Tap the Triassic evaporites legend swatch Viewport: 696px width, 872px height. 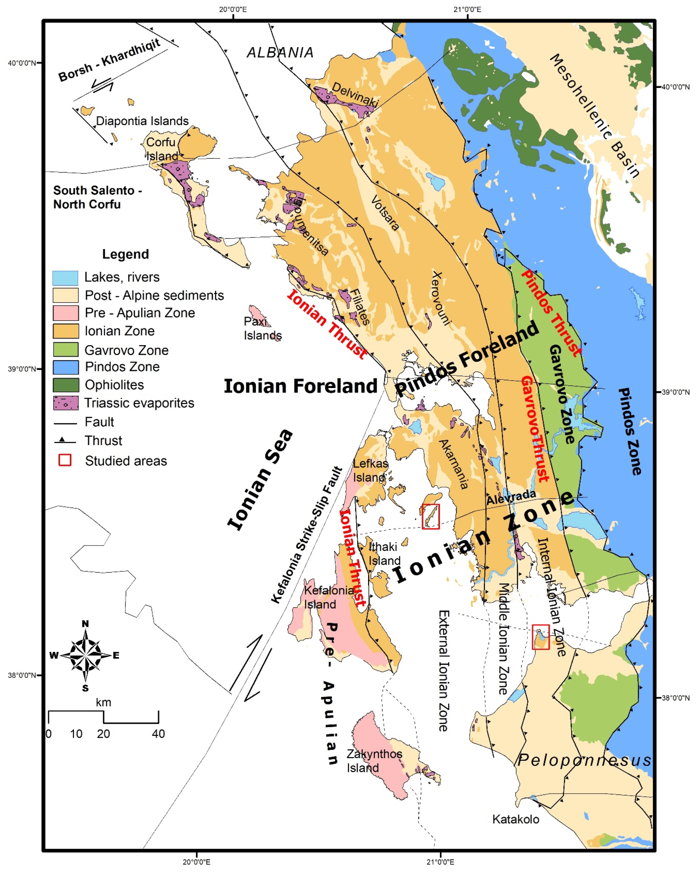tap(66, 403)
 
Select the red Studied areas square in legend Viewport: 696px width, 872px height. tap(65, 460)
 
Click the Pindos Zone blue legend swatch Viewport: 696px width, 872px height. tap(66, 367)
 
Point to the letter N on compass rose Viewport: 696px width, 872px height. tap(85, 624)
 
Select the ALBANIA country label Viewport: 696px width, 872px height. tap(280, 53)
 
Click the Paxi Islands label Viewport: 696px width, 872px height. tap(262, 328)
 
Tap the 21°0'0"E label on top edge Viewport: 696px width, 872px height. tap(467, 9)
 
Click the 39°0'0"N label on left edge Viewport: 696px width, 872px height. tap(22, 369)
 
